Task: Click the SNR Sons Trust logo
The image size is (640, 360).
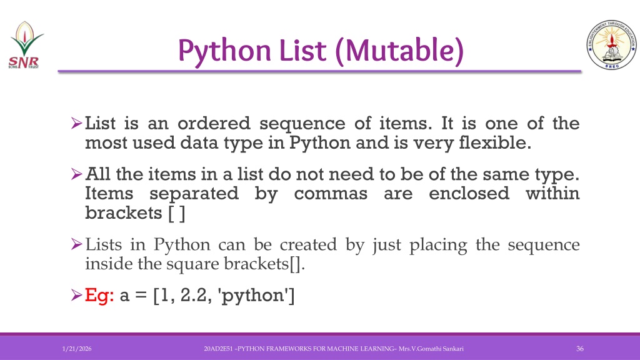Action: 25,45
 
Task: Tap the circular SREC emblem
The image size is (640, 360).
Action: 611,44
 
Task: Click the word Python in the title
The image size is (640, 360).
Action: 224,51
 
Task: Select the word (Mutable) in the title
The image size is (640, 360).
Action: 399,51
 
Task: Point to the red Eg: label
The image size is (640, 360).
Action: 99,295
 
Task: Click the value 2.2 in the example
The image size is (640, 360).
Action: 194,295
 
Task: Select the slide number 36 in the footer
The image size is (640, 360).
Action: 579,349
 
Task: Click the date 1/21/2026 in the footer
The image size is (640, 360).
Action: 77,349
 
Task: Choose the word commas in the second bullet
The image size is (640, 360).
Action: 331,194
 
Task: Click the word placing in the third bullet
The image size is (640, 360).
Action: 438,245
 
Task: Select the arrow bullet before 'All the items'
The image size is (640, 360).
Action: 76,174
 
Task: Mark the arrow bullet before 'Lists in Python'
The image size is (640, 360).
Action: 76,244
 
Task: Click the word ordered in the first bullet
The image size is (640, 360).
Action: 214,123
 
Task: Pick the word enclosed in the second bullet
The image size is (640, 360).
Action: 469,193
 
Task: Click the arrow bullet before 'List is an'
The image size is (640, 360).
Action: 76,123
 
